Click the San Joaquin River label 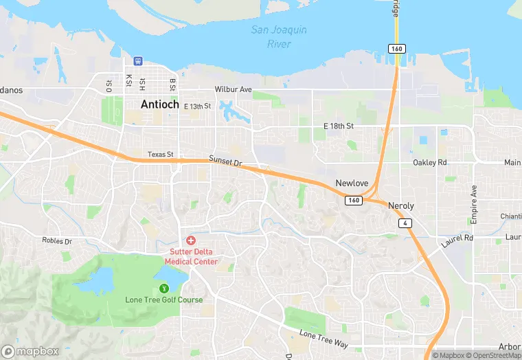pyautogui.click(x=279, y=36)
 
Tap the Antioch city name pyautogui.click(x=159, y=105)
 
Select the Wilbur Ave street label pyautogui.click(x=234, y=89)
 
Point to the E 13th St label pyautogui.click(x=197, y=106)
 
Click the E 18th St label pyautogui.click(x=338, y=126)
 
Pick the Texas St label pyautogui.click(x=161, y=155)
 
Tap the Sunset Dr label pyautogui.click(x=226, y=161)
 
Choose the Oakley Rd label pyautogui.click(x=430, y=163)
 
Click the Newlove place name pyautogui.click(x=352, y=183)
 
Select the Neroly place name pyautogui.click(x=401, y=205)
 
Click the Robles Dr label pyautogui.click(x=57, y=241)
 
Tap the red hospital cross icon pyautogui.click(x=191, y=240)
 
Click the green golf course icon pyautogui.click(x=163, y=289)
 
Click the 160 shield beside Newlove pyautogui.click(x=353, y=200)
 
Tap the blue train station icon pyautogui.click(x=138, y=60)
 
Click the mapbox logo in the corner pyautogui.click(x=30, y=351)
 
